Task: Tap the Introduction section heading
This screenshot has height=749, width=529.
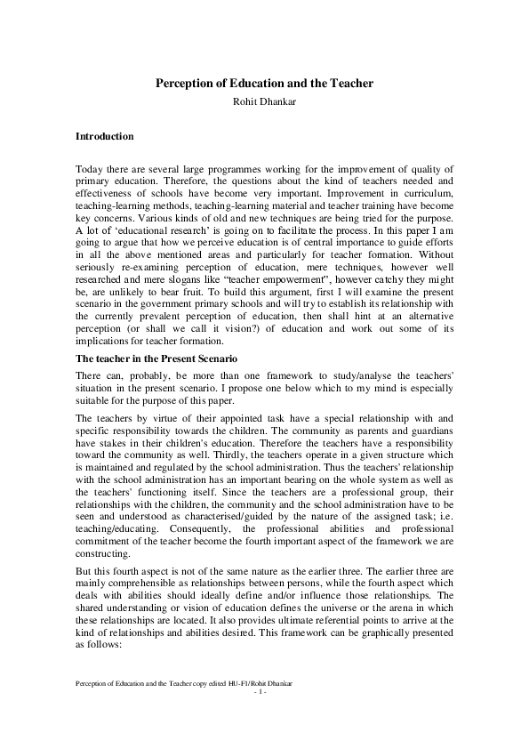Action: (105, 137)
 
